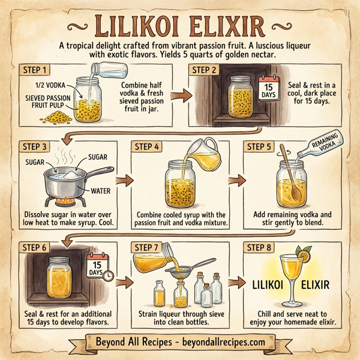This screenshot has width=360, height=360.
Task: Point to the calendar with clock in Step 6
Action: tap(98, 267)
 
